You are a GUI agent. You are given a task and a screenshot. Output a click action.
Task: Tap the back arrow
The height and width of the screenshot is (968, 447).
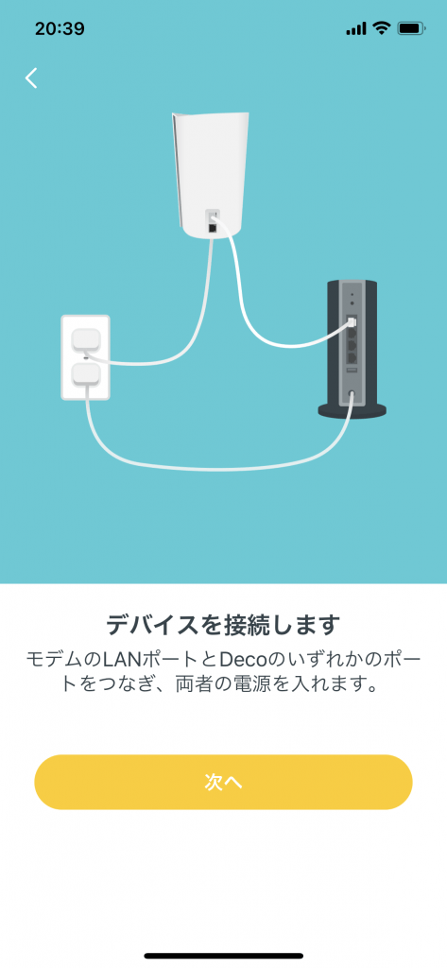click(31, 78)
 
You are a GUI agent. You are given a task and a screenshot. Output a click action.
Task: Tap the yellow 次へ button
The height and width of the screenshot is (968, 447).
click(223, 782)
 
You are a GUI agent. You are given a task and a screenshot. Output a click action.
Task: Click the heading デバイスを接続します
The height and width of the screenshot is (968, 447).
click(223, 625)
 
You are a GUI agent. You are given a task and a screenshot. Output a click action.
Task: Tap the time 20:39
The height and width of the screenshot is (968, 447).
click(60, 28)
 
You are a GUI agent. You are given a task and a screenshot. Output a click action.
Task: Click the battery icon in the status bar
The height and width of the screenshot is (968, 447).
click(411, 28)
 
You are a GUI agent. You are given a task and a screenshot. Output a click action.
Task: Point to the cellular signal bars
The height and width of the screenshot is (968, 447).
click(356, 29)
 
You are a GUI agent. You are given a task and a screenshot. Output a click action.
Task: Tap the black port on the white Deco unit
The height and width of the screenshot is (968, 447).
click(213, 229)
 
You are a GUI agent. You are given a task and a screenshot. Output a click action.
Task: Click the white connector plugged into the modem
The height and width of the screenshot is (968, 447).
click(351, 323)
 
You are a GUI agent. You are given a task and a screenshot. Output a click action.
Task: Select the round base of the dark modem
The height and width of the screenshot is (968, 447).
click(352, 408)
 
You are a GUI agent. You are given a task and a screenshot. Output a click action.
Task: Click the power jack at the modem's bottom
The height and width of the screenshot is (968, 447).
click(352, 392)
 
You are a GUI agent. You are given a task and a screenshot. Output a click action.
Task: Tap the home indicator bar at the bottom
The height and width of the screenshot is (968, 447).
click(223, 956)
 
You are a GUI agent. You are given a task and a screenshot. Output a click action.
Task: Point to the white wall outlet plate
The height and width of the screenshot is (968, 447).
click(85, 357)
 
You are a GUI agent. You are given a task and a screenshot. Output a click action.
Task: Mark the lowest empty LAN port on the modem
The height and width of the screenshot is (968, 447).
click(352, 356)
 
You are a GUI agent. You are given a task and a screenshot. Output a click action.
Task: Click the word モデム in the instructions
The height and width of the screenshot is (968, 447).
click(51, 659)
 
